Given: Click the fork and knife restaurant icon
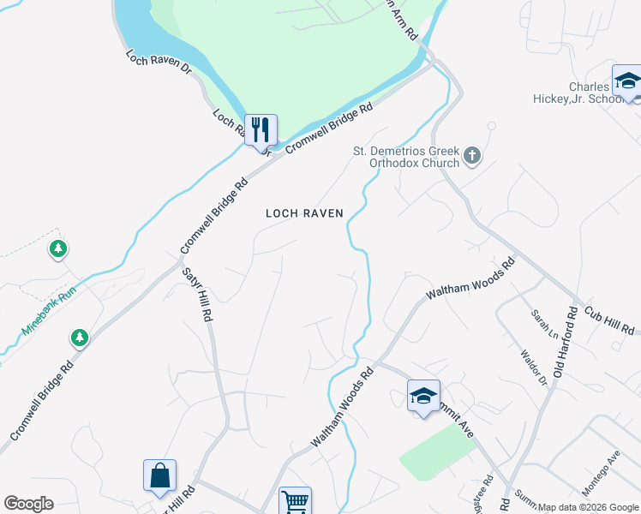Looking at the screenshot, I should point(261,130).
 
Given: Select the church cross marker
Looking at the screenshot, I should point(472,157).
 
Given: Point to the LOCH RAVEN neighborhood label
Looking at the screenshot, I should point(304,213).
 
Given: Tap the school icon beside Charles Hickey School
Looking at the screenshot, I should point(627,81).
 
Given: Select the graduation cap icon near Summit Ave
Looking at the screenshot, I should point(423,396).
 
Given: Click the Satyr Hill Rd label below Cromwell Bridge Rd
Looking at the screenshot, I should point(197,293).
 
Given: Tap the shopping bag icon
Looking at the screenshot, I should point(159,476).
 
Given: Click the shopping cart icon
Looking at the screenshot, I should point(294,501).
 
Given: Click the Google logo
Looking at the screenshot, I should point(28,504).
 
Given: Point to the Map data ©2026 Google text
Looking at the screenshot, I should point(588,507).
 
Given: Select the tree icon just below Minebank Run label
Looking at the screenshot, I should point(80,338).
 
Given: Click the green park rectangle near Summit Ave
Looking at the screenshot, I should point(438,451).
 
